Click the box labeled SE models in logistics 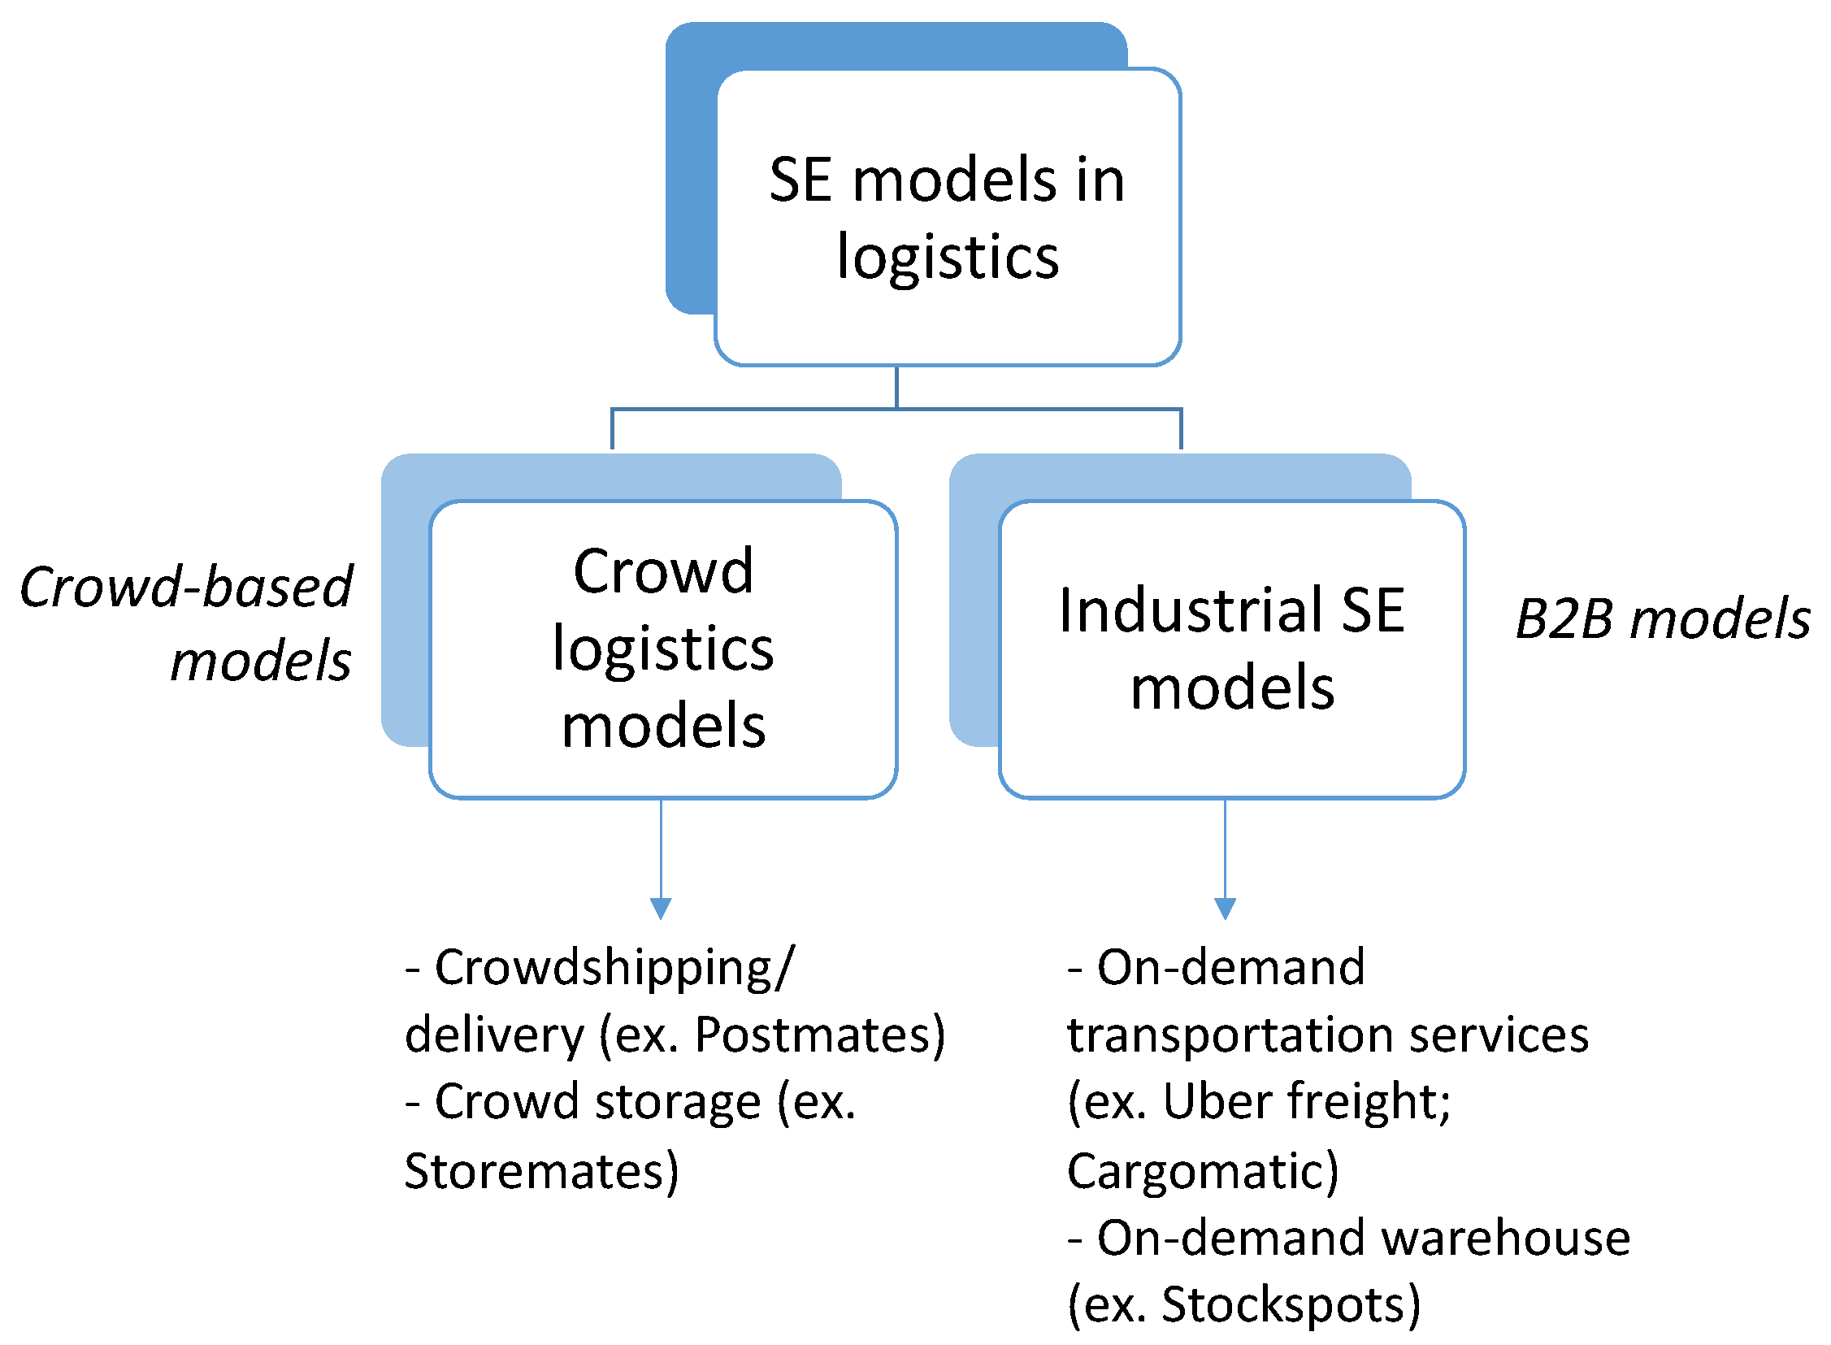[x=947, y=217]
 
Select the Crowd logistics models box [x=662, y=649]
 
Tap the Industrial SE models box [x=1232, y=649]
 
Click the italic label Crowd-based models [x=185, y=623]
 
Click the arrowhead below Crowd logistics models [x=661, y=908]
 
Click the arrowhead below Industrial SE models [x=1225, y=908]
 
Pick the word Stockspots [x=1283, y=1304]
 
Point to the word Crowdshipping [x=603, y=969]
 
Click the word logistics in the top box [x=948, y=258]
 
